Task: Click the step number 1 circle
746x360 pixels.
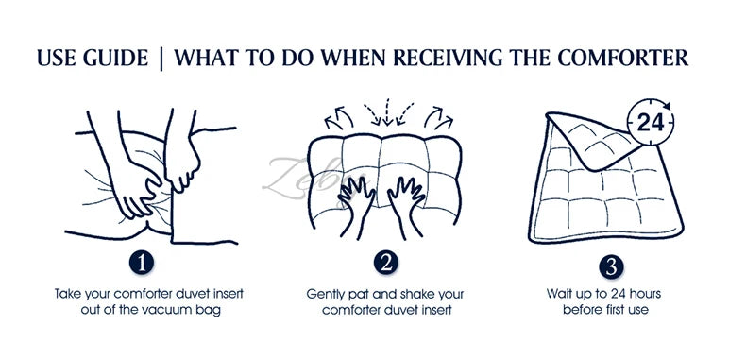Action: point(142,263)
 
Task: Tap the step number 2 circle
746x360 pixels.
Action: point(386,263)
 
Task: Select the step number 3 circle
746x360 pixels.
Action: point(611,267)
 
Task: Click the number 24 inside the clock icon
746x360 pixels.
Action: point(651,123)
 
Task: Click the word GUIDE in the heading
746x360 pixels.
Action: point(115,58)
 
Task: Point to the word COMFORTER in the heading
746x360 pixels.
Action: point(623,58)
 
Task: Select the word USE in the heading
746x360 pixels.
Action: point(57,58)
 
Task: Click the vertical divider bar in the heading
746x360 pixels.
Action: point(161,58)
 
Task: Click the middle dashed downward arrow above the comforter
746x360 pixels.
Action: point(387,111)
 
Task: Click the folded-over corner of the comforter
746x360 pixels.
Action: point(595,142)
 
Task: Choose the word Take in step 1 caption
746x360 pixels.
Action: point(67,293)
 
